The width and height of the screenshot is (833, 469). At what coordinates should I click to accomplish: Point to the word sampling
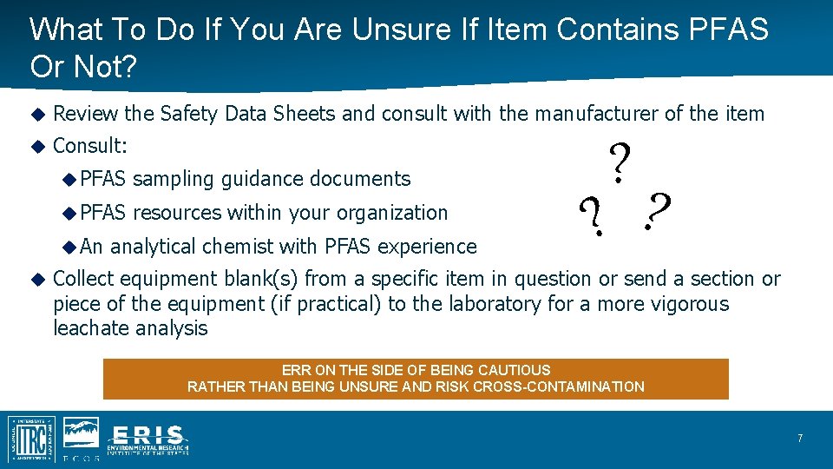pyautogui.click(x=174, y=179)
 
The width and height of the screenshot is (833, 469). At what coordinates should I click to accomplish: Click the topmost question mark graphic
pyautogui.click(x=619, y=162)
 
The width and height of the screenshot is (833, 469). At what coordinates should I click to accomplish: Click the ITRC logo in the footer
pyautogui.click(x=31, y=439)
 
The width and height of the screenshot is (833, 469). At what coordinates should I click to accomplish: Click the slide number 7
pyautogui.click(x=800, y=439)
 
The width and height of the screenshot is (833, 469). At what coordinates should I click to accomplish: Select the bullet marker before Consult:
pyautogui.click(x=37, y=146)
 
